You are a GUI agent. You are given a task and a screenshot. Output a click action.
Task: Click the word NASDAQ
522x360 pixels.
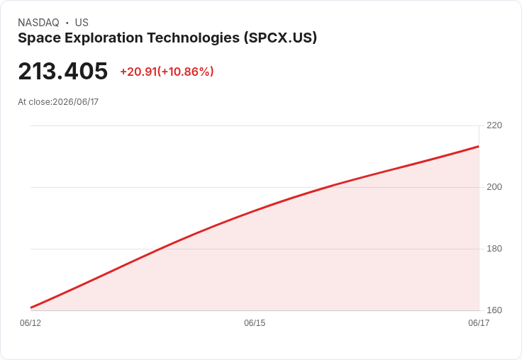38,23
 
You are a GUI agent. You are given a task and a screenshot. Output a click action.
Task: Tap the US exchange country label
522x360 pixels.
82,23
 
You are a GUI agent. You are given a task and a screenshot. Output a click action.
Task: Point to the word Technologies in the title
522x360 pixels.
193,38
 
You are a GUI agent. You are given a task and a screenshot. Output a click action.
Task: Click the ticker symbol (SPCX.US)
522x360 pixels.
280,38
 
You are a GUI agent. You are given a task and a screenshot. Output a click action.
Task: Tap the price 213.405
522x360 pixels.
63,71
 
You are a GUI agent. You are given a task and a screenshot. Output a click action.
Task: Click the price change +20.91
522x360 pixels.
138,72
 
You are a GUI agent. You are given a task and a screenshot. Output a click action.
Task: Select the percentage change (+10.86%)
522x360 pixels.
185,72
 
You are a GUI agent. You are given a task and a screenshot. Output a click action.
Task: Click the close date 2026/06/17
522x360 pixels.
76,102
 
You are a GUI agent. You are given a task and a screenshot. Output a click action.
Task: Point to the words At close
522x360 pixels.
35,102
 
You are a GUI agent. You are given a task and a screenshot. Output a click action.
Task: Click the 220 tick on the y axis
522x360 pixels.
494,125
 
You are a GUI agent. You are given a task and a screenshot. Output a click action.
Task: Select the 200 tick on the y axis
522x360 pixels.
494,187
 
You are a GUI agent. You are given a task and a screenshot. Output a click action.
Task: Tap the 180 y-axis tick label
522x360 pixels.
494,249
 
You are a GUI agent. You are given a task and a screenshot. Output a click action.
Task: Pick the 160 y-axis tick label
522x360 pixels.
494,310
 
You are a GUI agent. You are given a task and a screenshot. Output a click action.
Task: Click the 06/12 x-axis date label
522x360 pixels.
30,323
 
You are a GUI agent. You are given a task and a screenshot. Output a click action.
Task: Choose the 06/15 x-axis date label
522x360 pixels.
255,323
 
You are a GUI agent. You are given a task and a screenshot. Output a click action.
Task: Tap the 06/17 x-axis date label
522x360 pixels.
479,323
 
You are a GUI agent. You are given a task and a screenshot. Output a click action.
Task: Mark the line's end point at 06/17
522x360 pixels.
479,147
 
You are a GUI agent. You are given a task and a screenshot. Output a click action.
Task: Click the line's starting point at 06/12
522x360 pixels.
31,308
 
